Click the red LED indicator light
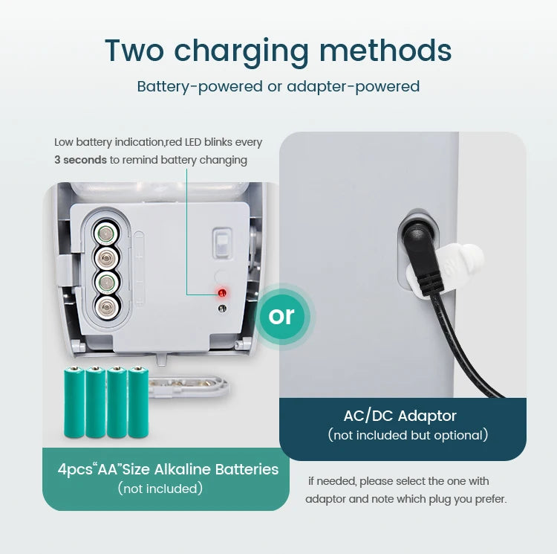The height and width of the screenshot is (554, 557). point(222,293)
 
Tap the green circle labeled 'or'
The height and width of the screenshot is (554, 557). point(282,316)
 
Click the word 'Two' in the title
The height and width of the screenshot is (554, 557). point(134,50)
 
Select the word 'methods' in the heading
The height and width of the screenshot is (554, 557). point(385,50)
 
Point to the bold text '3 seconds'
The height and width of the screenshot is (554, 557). point(81,160)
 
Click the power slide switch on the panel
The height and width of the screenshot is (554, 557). point(222,243)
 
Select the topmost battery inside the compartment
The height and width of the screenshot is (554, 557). point(105,233)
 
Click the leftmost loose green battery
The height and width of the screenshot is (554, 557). point(74,402)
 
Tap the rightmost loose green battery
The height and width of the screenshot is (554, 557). point(138,402)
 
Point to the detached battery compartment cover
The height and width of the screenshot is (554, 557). point(188,385)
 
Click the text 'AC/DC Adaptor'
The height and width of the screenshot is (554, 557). point(400,416)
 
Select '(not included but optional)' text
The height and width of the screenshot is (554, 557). point(408,435)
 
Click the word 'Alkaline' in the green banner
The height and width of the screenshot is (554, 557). point(183,469)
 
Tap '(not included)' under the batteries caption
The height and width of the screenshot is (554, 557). point(160,489)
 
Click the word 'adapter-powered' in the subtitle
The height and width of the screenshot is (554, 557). point(353,86)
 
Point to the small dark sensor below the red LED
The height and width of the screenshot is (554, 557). point(222,309)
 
